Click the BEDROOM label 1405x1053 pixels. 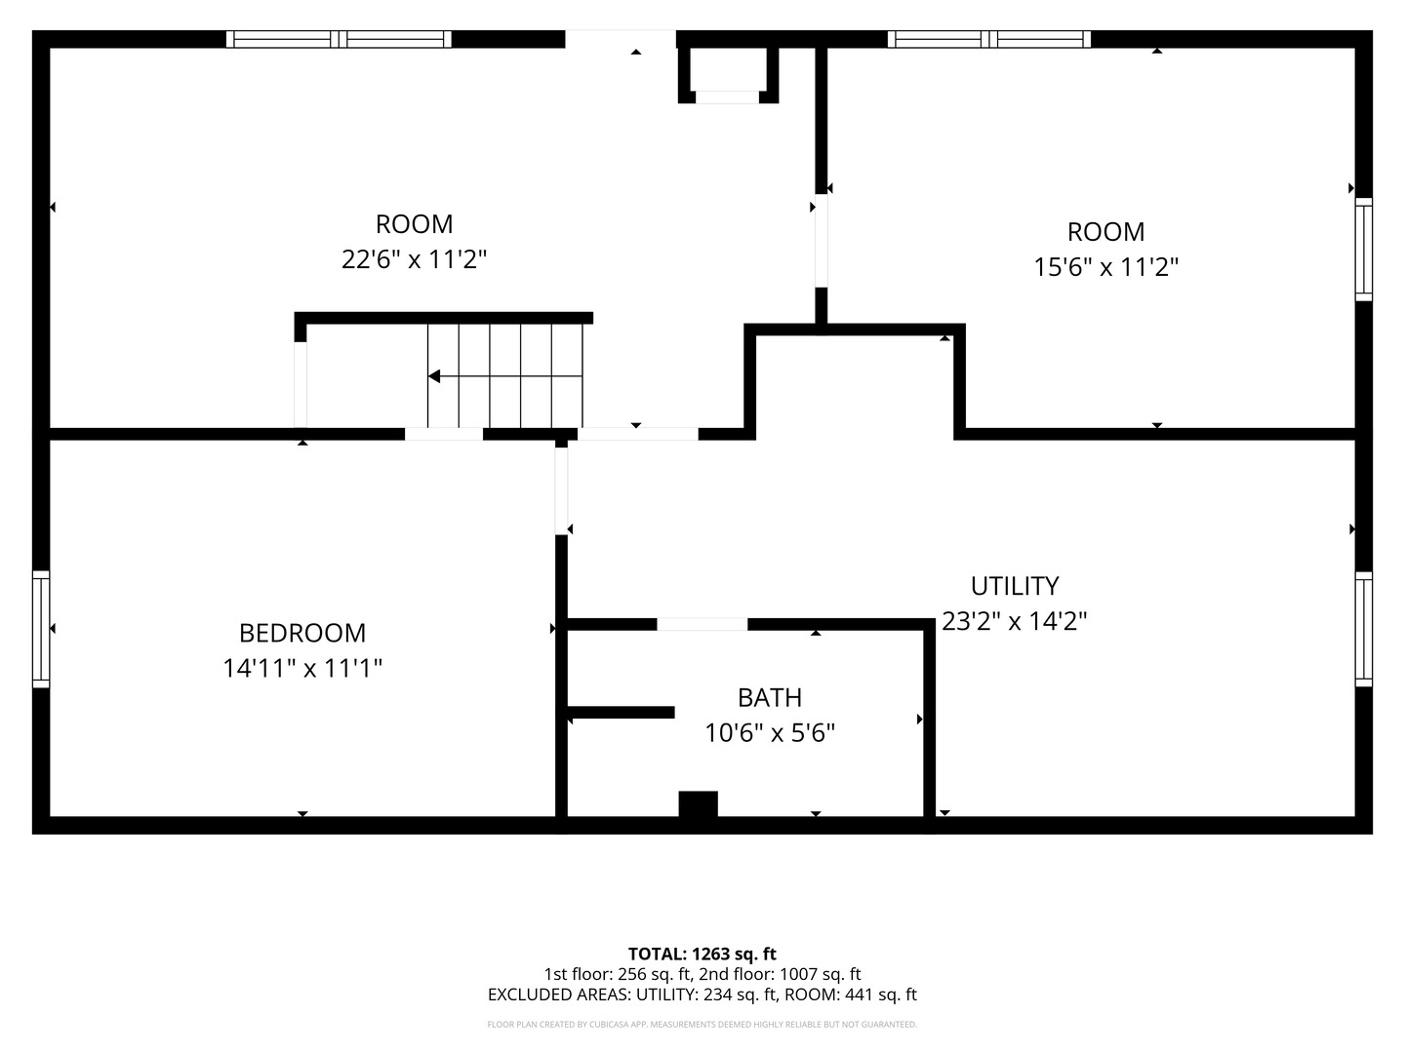pos(302,633)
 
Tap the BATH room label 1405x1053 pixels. pos(770,697)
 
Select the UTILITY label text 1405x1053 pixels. pos(1015,586)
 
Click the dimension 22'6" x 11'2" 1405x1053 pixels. pos(414,259)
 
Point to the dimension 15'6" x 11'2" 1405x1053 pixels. pos(1106,266)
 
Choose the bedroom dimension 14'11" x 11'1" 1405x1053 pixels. pos(302,669)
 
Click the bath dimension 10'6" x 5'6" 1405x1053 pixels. pos(770,732)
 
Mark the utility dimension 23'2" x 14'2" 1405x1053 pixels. pos(1015,621)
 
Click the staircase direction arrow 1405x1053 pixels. pos(505,376)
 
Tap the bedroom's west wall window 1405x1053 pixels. pos(41,629)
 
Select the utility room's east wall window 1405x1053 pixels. pos(1363,629)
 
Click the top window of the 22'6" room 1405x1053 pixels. pos(339,39)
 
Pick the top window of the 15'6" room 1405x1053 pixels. pos(989,39)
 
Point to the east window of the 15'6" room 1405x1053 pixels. pos(1363,250)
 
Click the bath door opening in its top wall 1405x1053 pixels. pos(702,624)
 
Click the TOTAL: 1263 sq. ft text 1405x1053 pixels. pos(702,954)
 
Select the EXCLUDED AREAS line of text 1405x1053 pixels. pos(702,994)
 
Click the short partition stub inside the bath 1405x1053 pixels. pos(621,712)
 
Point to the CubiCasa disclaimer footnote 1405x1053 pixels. pos(702,1024)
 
